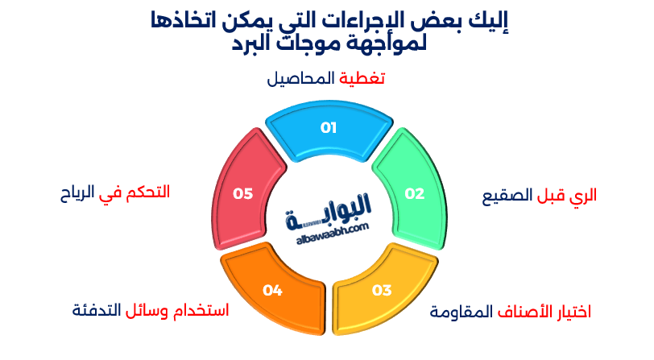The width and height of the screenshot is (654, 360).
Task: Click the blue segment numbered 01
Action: [x=329, y=129]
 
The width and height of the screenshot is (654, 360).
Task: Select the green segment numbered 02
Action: [x=413, y=192]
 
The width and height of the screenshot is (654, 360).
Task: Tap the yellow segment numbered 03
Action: [x=382, y=290]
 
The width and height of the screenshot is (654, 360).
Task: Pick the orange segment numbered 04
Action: [x=271, y=290]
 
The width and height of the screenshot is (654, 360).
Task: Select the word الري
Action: [x=582, y=194]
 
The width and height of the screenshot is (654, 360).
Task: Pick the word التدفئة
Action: [x=97, y=309]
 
